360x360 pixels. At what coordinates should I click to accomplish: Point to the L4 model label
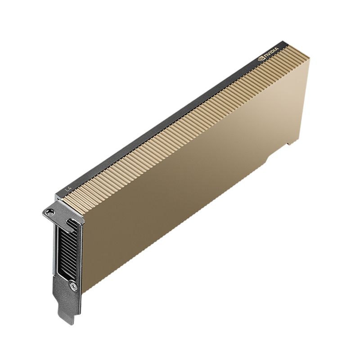point(68,189)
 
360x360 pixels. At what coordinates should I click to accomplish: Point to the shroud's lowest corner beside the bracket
point(84,292)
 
